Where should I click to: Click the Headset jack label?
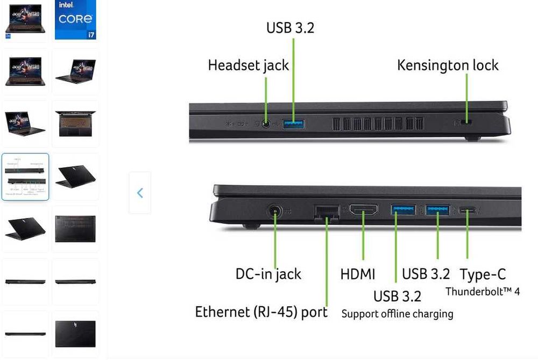(248, 66)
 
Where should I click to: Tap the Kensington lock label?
(448, 66)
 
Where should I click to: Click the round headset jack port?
(266, 124)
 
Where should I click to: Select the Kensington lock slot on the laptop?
(466, 123)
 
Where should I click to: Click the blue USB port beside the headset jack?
(293, 124)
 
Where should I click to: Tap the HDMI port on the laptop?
(364, 210)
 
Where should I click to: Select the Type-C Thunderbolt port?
(466, 210)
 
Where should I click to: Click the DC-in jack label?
(268, 274)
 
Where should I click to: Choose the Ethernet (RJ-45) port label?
(261, 312)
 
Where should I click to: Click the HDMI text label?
(358, 274)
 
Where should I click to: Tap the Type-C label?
(483, 274)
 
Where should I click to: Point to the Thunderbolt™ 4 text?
(483, 292)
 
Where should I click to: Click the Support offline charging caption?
(397, 314)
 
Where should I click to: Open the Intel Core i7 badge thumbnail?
(75, 19)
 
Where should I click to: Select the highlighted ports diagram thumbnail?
(25, 177)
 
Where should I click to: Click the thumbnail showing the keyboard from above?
(75, 124)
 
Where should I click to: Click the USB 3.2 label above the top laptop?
(290, 28)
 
